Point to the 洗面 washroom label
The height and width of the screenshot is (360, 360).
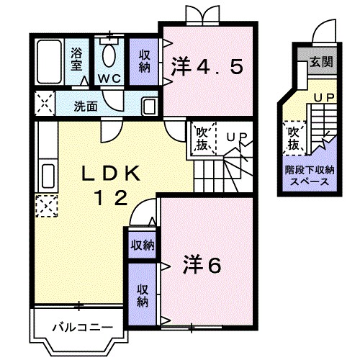click(86, 105)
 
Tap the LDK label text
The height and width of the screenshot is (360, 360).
click(111, 174)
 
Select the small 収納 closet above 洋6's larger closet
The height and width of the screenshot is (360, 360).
click(143, 245)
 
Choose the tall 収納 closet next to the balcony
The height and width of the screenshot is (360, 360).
click(143, 292)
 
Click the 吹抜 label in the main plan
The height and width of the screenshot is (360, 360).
click(201, 140)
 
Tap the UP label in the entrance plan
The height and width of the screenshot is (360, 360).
click(322, 96)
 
